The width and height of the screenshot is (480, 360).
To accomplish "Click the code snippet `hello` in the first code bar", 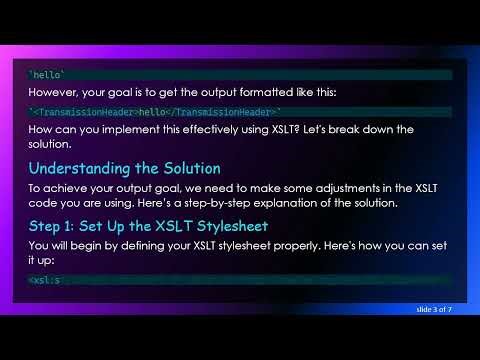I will [46, 74].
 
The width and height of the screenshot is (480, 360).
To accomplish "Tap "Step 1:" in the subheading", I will [58, 225].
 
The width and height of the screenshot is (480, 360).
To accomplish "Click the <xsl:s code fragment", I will [45, 280].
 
